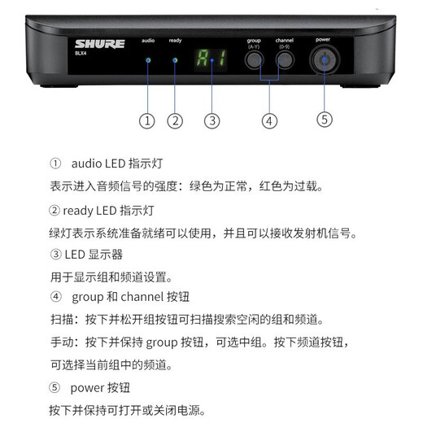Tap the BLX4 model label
point(81,55)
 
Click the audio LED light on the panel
point(147,60)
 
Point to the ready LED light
point(175,60)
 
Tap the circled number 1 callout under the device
point(147,120)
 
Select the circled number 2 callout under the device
point(175,120)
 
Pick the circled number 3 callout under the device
point(212,120)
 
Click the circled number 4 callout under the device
point(269,120)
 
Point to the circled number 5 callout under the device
point(325,119)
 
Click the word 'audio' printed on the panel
point(147,40)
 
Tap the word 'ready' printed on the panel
point(176,40)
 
